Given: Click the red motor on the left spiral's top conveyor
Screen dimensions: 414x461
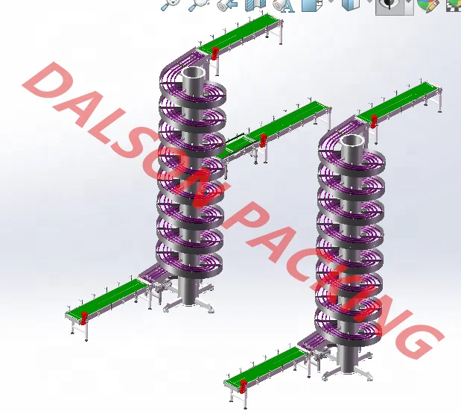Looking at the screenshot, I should tap(215, 53).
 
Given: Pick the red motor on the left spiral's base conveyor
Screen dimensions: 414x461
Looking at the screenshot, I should tap(83, 318).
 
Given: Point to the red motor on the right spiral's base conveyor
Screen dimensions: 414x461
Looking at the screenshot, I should tap(243, 386).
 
